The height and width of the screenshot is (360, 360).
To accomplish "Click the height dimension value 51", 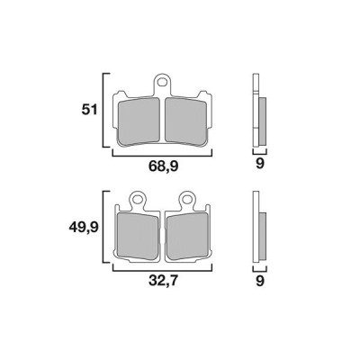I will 88,110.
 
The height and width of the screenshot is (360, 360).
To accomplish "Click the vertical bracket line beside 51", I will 106,110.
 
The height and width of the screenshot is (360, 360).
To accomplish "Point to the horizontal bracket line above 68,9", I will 162,154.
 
